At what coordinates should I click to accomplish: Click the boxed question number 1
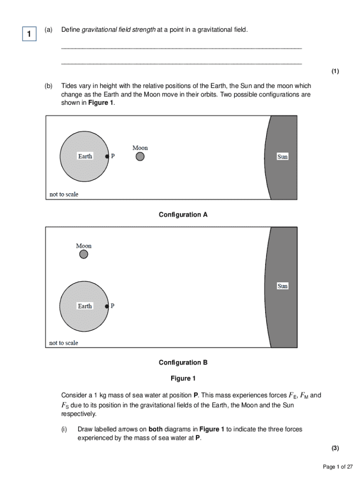point(29,34)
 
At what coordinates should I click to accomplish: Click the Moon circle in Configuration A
point(140,157)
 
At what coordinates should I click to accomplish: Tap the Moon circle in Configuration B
point(84,254)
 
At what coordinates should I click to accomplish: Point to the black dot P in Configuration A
point(107,157)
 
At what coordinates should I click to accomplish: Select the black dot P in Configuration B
point(107,306)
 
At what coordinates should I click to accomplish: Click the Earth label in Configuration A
point(85,156)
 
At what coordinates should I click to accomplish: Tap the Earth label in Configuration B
point(85,306)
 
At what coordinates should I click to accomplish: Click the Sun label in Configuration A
point(282,157)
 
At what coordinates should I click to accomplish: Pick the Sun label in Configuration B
point(282,286)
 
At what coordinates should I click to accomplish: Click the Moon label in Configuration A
point(140,148)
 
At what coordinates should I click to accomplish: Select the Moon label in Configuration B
point(84,246)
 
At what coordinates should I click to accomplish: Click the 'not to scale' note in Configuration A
point(64,194)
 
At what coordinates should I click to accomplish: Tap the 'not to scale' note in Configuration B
point(64,343)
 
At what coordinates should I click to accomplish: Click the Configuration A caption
point(183,215)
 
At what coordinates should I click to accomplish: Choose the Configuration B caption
point(183,363)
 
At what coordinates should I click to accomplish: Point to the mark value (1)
point(335,72)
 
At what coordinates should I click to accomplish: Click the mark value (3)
point(335,448)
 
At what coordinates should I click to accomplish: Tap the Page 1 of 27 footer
point(338,467)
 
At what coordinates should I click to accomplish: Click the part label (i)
point(64,429)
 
